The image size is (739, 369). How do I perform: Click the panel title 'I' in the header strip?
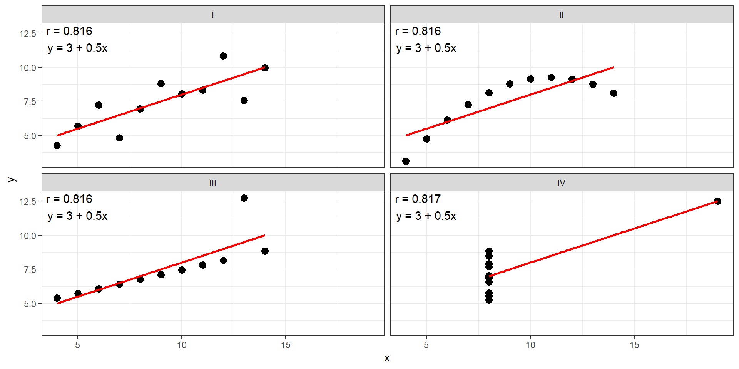coord(213,15)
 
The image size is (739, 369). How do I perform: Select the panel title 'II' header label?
coord(562,15)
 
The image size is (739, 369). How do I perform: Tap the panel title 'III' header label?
coord(213,183)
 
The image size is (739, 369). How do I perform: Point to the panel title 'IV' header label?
coord(562,183)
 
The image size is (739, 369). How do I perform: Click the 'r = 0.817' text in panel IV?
coord(418,199)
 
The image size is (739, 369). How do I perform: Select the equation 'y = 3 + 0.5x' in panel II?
coord(426,48)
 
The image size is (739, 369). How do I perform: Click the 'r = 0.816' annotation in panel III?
coord(69,199)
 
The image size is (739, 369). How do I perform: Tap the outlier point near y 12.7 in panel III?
coord(244,198)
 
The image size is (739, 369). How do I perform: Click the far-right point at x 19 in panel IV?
coord(717,201)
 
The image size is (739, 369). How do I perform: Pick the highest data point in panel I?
coord(223,56)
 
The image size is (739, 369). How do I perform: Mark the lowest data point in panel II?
coord(406,161)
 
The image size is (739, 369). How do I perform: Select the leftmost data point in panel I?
coord(57,145)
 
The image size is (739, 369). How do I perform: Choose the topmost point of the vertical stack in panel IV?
coord(489,251)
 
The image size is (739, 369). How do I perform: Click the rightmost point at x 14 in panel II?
coord(614,93)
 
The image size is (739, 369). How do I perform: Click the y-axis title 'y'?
coord(12,179)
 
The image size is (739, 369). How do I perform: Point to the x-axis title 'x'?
coord(387,358)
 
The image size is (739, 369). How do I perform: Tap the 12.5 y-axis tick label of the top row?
coord(28,33)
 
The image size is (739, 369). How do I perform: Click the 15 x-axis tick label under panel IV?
coord(634,345)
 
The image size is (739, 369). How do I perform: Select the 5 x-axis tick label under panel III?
coord(78,345)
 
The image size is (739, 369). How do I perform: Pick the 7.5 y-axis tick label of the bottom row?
coord(30,269)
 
